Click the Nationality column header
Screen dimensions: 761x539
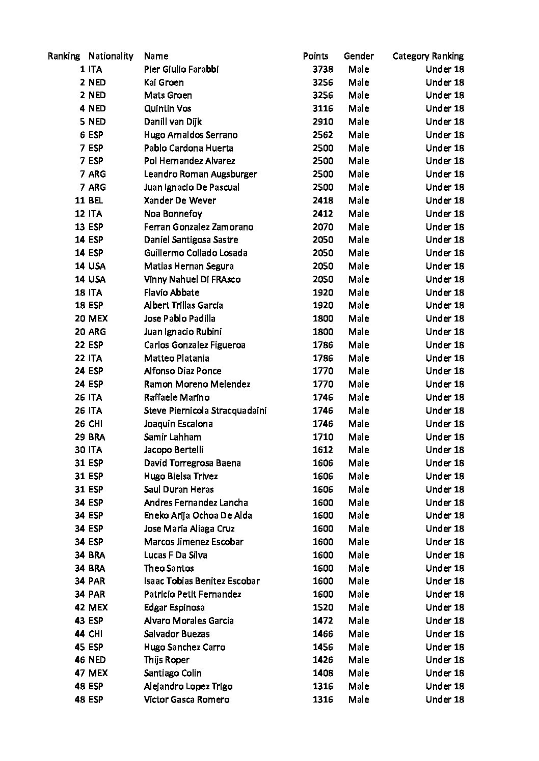(111, 56)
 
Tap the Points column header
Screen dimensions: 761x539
(315, 56)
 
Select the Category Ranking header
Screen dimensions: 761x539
(428, 56)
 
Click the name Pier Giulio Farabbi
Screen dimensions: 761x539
(181, 69)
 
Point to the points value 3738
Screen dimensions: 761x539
(322, 69)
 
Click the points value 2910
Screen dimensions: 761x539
(322, 122)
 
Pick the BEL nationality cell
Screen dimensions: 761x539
(95, 200)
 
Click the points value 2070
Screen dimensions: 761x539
(322, 227)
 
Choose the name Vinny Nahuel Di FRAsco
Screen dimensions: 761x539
(192, 279)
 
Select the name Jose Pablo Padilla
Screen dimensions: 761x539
(179, 318)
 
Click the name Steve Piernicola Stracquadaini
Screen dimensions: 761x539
(205, 411)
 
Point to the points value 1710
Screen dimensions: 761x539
(322, 437)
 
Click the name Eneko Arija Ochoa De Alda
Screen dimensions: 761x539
(198, 515)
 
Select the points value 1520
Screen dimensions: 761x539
(322, 607)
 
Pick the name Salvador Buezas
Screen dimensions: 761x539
(176, 634)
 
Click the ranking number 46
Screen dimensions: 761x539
(79, 660)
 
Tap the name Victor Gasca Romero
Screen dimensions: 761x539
(186, 699)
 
